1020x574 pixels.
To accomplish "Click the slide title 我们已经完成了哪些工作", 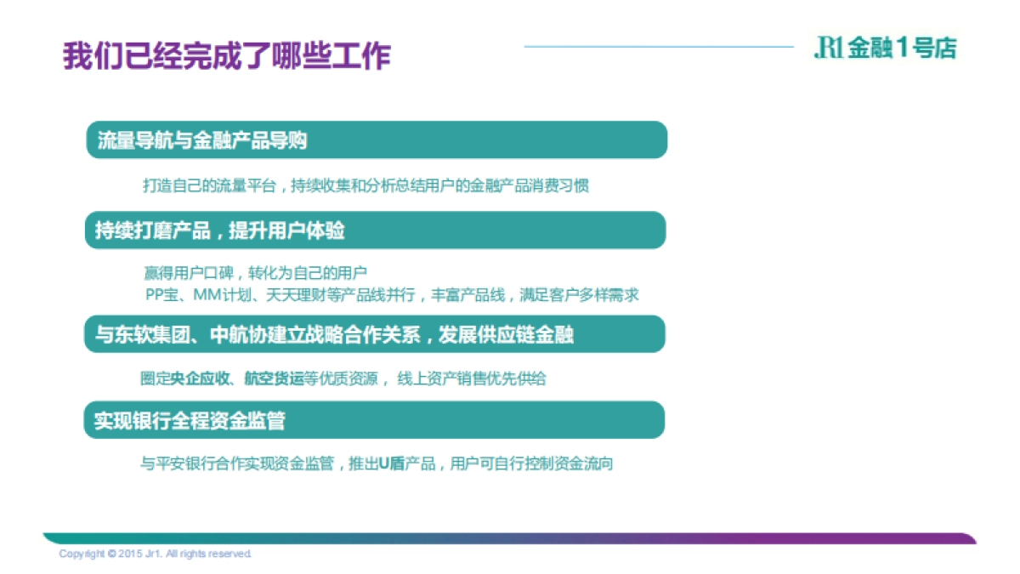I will coord(226,56).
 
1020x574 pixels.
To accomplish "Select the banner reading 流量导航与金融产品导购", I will coord(377,140).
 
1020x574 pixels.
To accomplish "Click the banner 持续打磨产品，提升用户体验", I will coord(375,230).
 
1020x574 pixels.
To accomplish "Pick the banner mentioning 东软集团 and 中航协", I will coord(374,334).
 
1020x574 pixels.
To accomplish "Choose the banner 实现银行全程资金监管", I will coord(374,420).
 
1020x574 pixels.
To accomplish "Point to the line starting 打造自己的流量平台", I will coord(365,186).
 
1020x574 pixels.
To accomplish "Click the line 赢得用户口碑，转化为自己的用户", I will coord(255,274).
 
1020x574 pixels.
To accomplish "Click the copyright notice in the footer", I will coord(156,554).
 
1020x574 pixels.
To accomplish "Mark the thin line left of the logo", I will coord(659,47).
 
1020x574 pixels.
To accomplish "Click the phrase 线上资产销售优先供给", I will coord(472,378).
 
